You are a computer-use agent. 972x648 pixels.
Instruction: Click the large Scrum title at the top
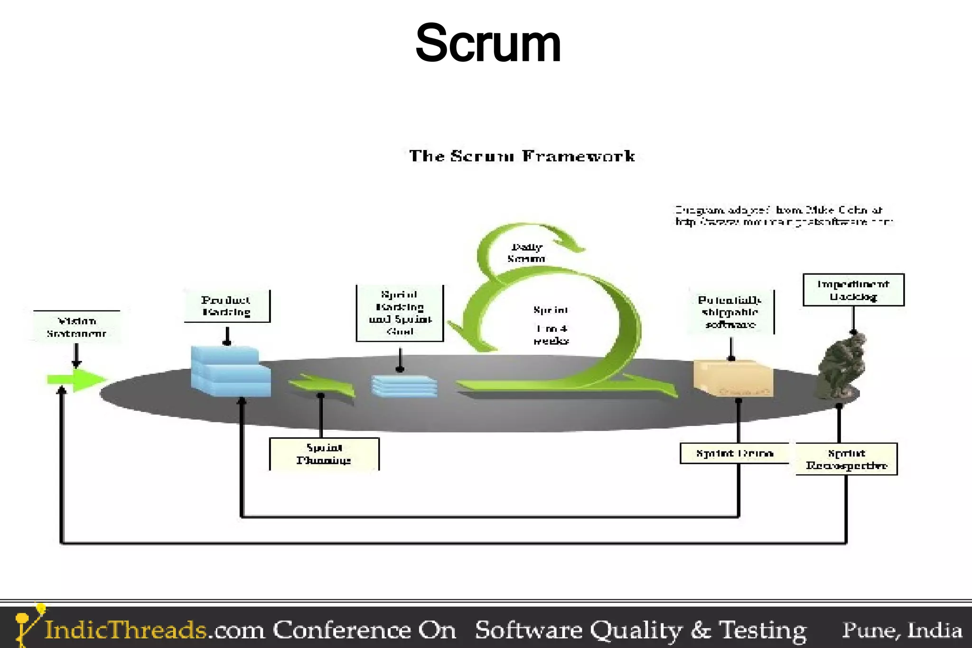click(x=488, y=44)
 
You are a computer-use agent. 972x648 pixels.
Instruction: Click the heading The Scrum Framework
click(x=522, y=156)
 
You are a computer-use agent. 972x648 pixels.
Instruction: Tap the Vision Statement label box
click(x=76, y=327)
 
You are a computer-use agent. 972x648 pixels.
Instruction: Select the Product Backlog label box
click(x=226, y=306)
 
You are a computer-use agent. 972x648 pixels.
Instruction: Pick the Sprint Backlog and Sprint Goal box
click(x=400, y=313)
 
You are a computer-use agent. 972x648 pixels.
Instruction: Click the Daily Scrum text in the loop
click(x=526, y=253)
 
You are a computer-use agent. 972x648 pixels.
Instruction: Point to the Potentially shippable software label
click(x=730, y=312)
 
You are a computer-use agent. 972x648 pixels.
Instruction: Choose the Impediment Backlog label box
click(x=853, y=290)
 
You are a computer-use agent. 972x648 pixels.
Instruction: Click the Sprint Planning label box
click(x=324, y=454)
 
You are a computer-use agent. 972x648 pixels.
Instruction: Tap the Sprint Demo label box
click(x=734, y=453)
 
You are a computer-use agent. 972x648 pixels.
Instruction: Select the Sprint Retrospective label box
click(x=846, y=459)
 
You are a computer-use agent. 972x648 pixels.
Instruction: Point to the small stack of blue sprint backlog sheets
click(x=404, y=385)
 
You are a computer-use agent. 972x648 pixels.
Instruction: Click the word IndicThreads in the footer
click(x=125, y=629)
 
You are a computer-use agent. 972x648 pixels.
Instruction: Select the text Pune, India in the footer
click(x=902, y=630)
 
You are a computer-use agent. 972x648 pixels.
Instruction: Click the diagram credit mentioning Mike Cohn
click(x=783, y=216)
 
